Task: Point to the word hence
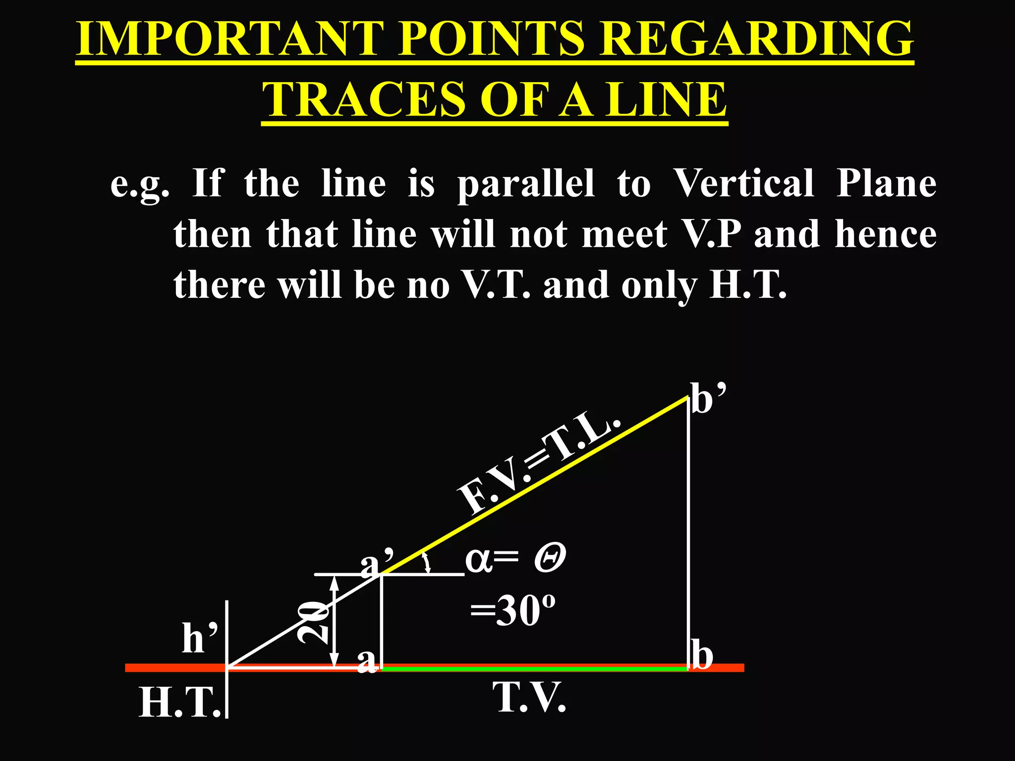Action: coord(886,234)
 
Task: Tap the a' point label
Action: coord(377,564)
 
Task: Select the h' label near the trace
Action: coord(200,638)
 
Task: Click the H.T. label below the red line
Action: coord(179,703)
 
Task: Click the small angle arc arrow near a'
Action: coord(425,563)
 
